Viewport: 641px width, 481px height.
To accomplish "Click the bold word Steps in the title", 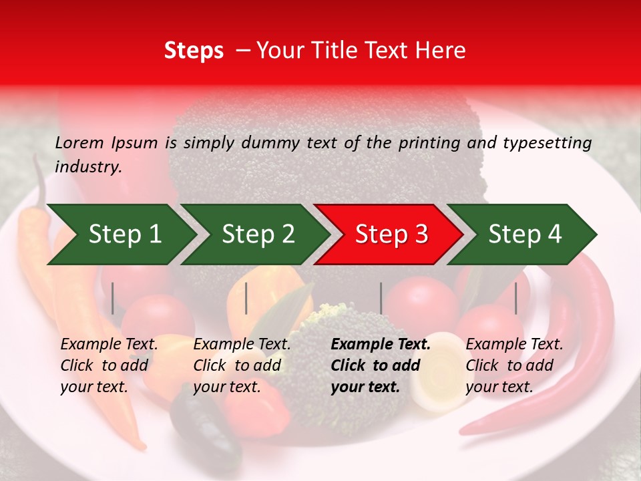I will [x=194, y=51].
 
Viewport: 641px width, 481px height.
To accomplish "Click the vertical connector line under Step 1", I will [x=113, y=298].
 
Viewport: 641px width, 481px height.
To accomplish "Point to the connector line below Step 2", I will [x=246, y=298].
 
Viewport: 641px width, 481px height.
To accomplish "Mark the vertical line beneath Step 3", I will [x=381, y=298].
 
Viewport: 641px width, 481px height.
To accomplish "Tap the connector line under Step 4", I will [x=515, y=298].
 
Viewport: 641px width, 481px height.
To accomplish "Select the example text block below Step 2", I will [x=242, y=365].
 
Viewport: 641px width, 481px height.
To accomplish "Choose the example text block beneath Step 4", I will [x=514, y=365].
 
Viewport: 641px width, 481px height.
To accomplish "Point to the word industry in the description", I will [x=88, y=166].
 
